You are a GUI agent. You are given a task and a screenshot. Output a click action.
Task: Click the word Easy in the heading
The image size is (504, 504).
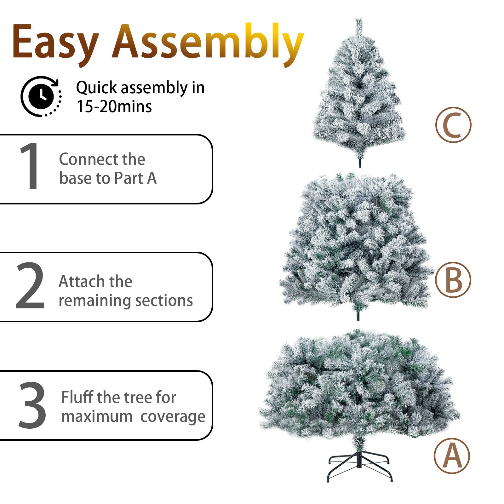pos(55,43)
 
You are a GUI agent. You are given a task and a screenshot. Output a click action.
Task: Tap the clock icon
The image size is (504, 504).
pos(41,96)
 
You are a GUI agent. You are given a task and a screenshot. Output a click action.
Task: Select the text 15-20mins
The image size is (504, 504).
pos(114,106)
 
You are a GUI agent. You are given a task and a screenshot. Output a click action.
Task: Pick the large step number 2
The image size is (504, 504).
pos(30,285)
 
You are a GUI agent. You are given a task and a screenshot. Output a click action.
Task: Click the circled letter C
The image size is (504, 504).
pos(454,125)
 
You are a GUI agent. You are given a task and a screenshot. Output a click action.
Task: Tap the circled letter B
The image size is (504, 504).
pos(453,280)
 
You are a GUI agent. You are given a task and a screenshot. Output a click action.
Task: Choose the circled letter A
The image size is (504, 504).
pos(452,456)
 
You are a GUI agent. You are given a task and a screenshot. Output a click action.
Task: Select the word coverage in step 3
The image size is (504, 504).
pos(173,417)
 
